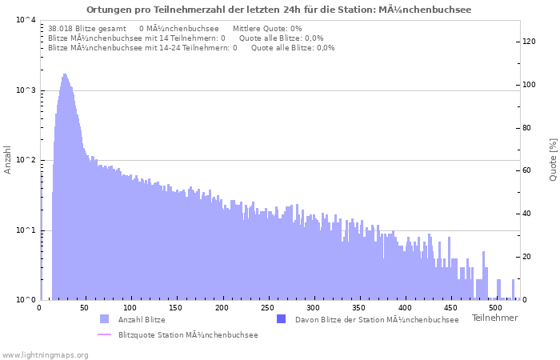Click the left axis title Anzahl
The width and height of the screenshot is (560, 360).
[8, 160]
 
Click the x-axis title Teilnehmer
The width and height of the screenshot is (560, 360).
[494, 318]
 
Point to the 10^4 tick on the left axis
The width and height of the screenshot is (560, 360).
[26, 20]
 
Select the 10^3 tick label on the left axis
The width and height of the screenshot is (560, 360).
[26, 90]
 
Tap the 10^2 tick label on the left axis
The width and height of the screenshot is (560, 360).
[26, 160]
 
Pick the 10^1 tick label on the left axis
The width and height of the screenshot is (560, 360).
[26, 230]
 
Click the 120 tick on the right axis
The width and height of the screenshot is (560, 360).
[529, 42]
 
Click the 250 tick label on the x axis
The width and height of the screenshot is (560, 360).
[222, 307]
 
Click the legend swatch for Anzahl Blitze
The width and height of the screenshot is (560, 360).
[104, 319]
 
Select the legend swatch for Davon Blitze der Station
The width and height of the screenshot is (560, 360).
[281, 319]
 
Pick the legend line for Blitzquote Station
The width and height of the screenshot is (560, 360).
[104, 335]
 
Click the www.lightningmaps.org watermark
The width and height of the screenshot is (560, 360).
[45, 354]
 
